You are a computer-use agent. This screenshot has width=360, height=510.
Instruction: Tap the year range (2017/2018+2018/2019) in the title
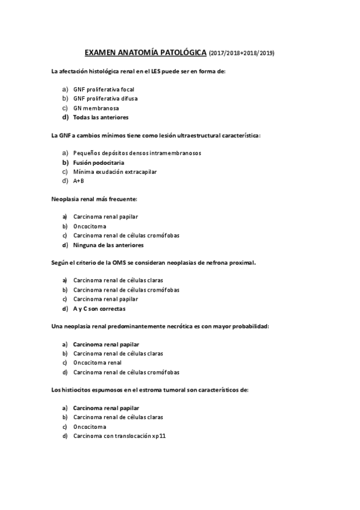(x=242, y=54)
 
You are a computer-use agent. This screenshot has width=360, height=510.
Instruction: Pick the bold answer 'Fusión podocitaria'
(x=99, y=162)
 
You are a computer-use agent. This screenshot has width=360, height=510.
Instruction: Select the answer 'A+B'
(x=79, y=181)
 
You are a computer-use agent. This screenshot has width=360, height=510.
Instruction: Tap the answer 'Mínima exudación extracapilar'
(x=115, y=171)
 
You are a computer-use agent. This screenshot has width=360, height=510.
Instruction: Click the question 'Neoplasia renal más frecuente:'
(x=94, y=198)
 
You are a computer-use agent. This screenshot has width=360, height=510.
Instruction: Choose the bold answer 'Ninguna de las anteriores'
(x=108, y=245)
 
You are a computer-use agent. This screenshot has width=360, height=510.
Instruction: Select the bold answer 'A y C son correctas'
(x=99, y=309)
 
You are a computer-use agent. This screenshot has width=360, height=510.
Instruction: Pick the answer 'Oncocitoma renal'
(x=97, y=363)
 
